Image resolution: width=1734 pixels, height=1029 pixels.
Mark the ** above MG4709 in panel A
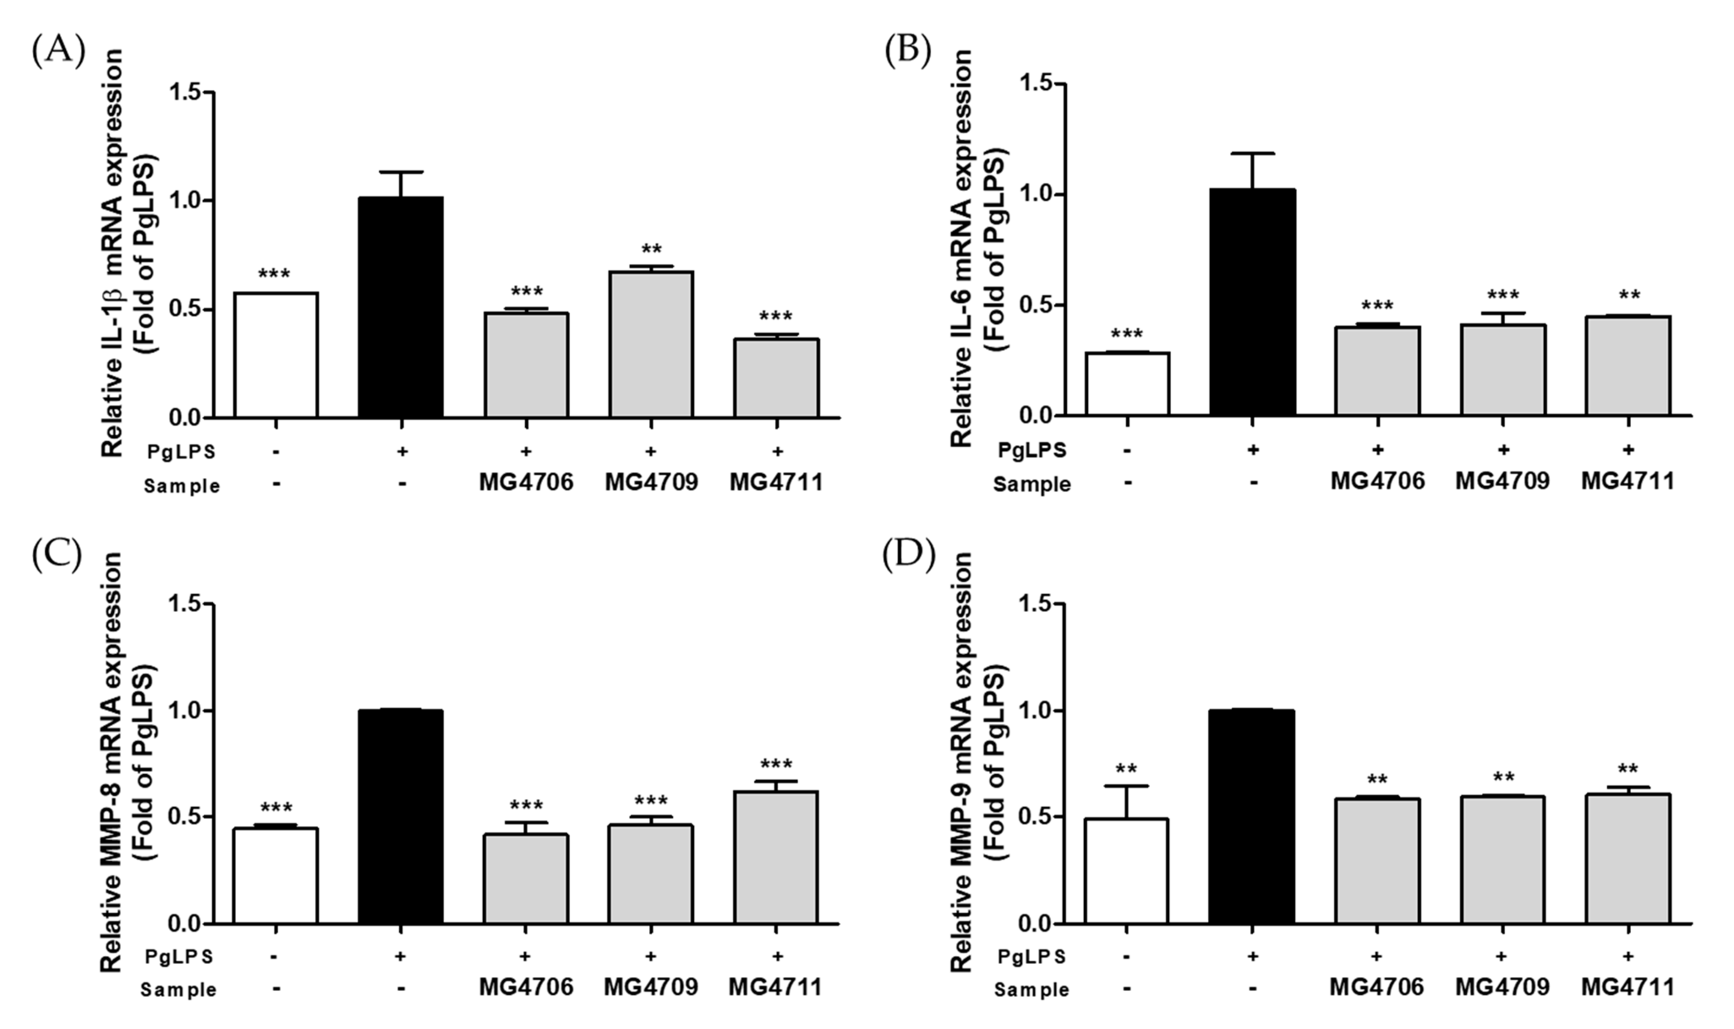[x=651, y=250]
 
